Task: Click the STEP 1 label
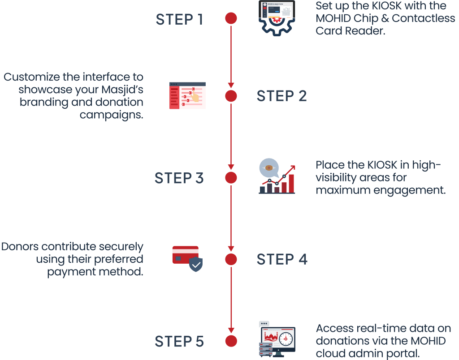pyautogui.click(x=179, y=19)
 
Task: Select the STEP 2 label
pyautogui.click(x=281, y=96)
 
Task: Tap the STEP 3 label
pyautogui.click(x=179, y=178)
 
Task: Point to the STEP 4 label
pyautogui.click(x=281, y=259)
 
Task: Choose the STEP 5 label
pyautogui.click(x=179, y=341)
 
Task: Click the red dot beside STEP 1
pyautogui.click(x=231, y=19)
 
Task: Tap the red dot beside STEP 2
pyautogui.click(x=231, y=96)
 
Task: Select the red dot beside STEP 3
pyautogui.click(x=231, y=178)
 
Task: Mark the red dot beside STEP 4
pyautogui.click(x=231, y=259)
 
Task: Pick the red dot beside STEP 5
pyautogui.click(x=231, y=341)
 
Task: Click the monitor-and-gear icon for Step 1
pyautogui.click(x=277, y=17)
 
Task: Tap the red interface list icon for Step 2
pyautogui.click(x=187, y=95)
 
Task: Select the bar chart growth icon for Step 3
pyautogui.click(x=277, y=177)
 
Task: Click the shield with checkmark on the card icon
pyautogui.click(x=195, y=265)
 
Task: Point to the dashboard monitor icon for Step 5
pyautogui.click(x=277, y=339)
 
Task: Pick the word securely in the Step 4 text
pyautogui.click(x=122, y=247)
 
